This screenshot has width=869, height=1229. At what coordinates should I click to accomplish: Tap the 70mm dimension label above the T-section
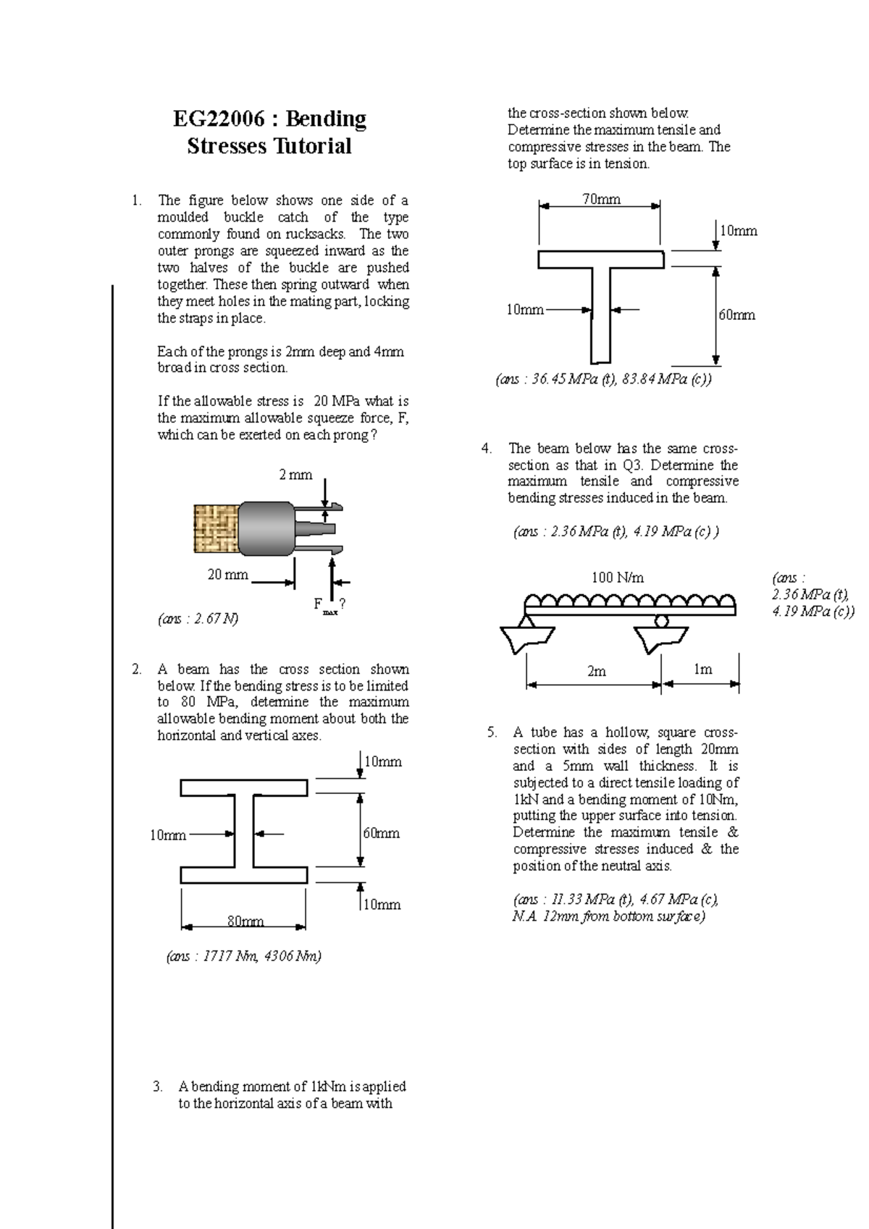tap(601, 199)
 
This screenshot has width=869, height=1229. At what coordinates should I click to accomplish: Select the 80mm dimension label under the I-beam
tap(245, 921)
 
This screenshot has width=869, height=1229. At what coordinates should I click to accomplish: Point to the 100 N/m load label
tap(618, 578)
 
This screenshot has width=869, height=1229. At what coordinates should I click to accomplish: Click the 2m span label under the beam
tap(596, 671)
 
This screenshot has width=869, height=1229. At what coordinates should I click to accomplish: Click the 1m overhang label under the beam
tap(702, 670)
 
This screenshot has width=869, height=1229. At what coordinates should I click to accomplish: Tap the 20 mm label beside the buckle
tap(227, 575)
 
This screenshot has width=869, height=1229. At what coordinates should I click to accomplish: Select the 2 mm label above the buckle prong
tap(295, 475)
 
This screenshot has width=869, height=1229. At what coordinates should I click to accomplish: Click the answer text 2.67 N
tap(198, 619)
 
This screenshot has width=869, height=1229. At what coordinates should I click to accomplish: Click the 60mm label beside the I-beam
tap(381, 833)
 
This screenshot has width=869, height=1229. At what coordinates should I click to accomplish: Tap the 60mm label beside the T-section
tap(736, 315)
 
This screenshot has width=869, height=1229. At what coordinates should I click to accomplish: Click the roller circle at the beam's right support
tap(660, 621)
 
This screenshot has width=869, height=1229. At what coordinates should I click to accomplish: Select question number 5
tap(492, 732)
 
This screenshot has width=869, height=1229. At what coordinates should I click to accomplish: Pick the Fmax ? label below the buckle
tap(327, 605)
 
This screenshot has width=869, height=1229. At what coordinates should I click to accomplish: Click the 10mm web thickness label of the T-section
tap(524, 310)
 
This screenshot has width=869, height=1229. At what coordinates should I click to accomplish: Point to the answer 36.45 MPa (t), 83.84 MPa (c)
tap(603, 380)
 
